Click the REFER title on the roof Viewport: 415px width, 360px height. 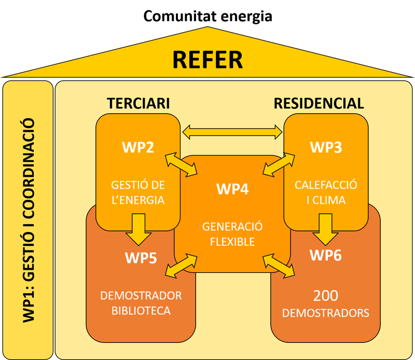click(208, 59)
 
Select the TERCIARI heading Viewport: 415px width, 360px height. click(139, 103)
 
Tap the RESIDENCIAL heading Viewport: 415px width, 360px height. click(319, 103)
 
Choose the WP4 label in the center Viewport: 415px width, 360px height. click(232, 189)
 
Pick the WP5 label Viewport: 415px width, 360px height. click(141, 257)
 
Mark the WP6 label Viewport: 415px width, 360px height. click(325, 255)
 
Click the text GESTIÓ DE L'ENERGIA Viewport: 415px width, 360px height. click(138, 192)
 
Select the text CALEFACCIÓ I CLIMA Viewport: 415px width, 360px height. click(326, 192)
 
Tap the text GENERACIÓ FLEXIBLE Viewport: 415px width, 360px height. click(232, 234)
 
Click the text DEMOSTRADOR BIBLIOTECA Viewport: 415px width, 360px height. click(141, 303)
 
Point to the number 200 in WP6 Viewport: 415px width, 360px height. click(325, 296)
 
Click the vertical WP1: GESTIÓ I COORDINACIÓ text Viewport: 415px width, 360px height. click(29, 220)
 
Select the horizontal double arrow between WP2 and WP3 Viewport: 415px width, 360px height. click(232, 133)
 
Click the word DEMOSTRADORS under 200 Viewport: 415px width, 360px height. click(325, 313)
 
